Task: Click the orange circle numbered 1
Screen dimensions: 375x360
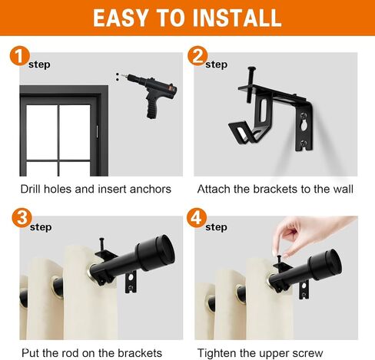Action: click(19, 56)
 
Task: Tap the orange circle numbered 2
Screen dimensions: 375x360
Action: click(197, 56)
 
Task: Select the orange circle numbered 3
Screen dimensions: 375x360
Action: click(22, 218)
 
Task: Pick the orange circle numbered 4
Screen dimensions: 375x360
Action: click(197, 218)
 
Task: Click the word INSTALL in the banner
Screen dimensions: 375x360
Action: click(237, 18)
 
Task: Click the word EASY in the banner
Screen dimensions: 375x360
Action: click(120, 18)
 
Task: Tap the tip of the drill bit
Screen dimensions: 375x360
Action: click(121, 75)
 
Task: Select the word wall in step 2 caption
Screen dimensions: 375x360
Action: click(343, 190)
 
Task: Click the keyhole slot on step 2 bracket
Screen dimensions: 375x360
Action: click(303, 127)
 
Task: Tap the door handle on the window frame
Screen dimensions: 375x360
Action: click(97, 131)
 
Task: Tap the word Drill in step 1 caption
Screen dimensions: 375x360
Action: click(31, 190)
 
